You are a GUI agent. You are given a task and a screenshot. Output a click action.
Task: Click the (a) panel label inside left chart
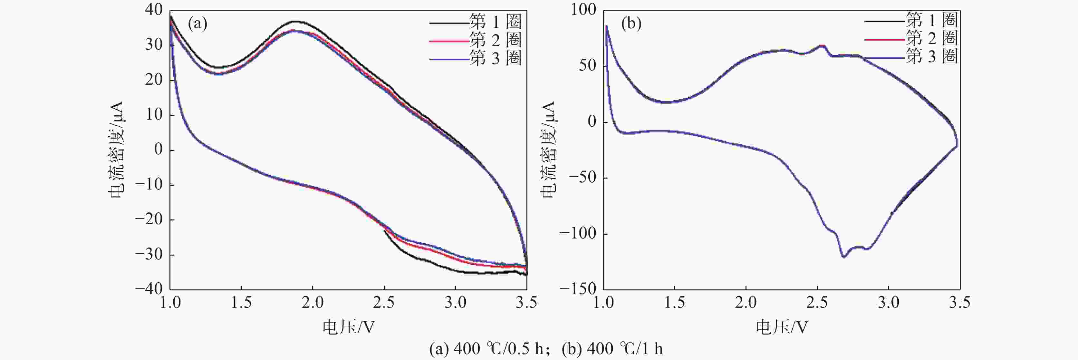197,24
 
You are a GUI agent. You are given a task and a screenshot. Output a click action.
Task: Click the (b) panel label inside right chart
631,24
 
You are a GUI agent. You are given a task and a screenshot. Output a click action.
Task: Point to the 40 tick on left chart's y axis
154,10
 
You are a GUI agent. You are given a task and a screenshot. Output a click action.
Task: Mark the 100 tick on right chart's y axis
584,10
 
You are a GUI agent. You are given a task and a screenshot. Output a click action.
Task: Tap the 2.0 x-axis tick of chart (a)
313,302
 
